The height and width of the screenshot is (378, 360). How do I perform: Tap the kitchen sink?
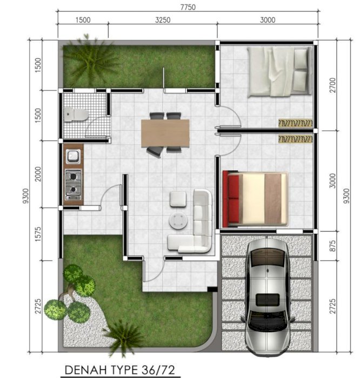coord(72,157)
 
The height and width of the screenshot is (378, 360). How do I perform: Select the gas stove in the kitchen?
coord(73,184)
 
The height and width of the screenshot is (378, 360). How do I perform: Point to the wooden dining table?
coord(165,133)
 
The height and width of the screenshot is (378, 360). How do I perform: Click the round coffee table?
coord(178,220)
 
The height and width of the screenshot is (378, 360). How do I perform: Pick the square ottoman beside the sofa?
coord(178,199)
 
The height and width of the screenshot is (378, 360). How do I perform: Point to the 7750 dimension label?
coord(187,7)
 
